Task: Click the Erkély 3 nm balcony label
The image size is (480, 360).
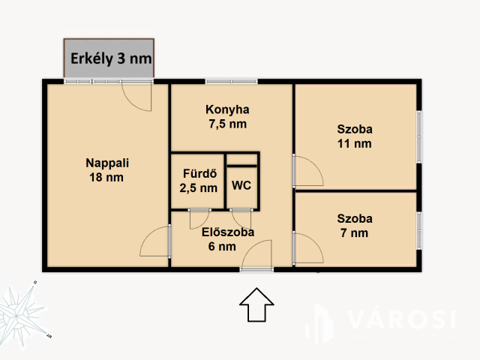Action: (x=111, y=58)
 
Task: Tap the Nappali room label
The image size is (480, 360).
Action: (x=107, y=163)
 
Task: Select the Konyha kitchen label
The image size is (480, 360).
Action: (x=227, y=109)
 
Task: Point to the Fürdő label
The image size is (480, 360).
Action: (x=200, y=173)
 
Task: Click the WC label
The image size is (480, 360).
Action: (x=241, y=185)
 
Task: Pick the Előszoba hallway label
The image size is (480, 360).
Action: (x=228, y=232)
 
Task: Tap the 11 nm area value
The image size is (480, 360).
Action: (x=355, y=143)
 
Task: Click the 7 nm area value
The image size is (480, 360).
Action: (x=354, y=233)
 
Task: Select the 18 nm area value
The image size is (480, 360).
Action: (x=106, y=177)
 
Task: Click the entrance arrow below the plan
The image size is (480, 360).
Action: (x=256, y=305)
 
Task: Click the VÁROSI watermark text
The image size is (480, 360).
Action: (x=402, y=319)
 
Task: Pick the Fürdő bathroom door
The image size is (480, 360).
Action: (x=199, y=219)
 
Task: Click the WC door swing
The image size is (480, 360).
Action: (x=241, y=219)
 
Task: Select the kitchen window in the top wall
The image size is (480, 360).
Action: (x=232, y=82)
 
